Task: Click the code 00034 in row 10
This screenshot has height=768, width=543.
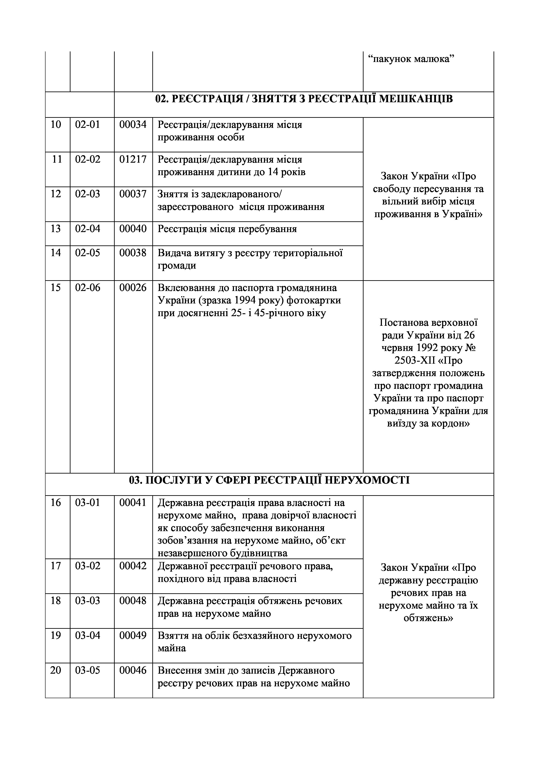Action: pyautogui.click(x=133, y=125)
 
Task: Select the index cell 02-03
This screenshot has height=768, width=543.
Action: pyautogui.click(x=87, y=194)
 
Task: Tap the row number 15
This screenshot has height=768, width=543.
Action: pyautogui.click(x=56, y=288)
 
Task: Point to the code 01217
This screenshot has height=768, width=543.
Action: pyautogui.click(x=133, y=160)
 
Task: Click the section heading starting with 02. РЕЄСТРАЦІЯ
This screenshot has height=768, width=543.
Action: pyautogui.click(x=304, y=99)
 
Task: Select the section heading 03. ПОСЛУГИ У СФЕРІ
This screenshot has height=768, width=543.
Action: pyautogui.click(x=269, y=481)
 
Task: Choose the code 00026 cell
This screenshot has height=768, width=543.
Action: pyautogui.click(x=133, y=288)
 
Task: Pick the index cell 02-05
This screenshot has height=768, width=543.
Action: pyautogui.click(x=87, y=253)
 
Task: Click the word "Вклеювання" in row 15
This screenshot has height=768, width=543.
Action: pyautogui.click(x=186, y=288)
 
